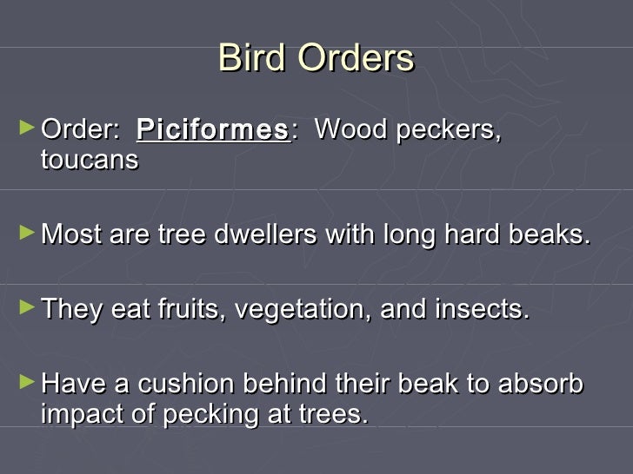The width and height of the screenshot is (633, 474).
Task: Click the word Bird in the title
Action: [252, 59]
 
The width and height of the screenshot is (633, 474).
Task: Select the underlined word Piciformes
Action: [212, 130]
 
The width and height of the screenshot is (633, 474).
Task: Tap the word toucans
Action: [90, 160]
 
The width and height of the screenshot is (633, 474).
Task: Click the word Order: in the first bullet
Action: [81, 130]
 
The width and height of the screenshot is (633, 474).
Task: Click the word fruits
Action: [188, 308]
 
